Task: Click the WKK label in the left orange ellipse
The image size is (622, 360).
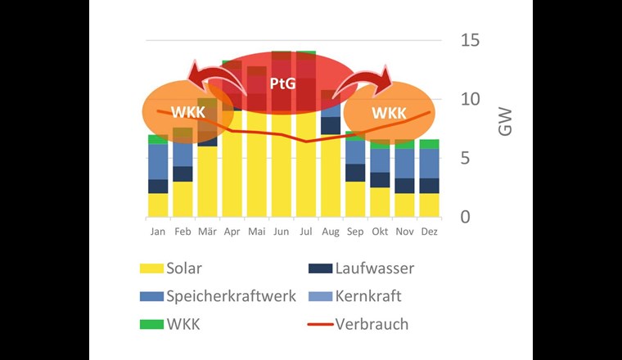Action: point(188,111)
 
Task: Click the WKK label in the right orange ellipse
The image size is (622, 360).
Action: point(388,111)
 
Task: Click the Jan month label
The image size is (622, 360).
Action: point(157,232)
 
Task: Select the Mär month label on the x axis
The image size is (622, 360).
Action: point(206,232)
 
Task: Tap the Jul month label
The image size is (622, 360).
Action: point(304,232)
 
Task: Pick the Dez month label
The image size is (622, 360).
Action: point(428,232)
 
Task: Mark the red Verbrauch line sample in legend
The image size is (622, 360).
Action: point(321,324)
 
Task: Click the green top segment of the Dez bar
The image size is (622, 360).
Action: point(428,144)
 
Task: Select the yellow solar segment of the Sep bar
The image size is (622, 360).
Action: point(354,199)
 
